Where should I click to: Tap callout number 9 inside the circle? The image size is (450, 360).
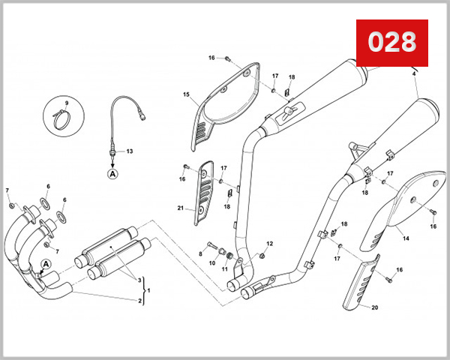(66, 102)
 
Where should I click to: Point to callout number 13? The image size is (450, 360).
(129, 151)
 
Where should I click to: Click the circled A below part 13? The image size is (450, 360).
(113, 173)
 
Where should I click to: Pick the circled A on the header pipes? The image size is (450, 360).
(45, 264)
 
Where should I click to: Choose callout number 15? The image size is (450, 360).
(185, 94)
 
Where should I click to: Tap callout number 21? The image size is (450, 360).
(181, 208)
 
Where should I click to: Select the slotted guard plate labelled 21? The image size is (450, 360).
(203, 195)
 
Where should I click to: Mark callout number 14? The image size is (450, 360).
(405, 238)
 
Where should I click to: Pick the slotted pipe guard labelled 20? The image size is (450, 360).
(361, 285)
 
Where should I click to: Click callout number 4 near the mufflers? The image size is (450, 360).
(413, 73)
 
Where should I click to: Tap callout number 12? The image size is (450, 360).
(270, 244)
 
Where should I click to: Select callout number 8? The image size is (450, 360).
(201, 254)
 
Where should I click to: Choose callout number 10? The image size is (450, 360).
(211, 263)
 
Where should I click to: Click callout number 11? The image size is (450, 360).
(223, 268)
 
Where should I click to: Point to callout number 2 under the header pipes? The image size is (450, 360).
(139, 301)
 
